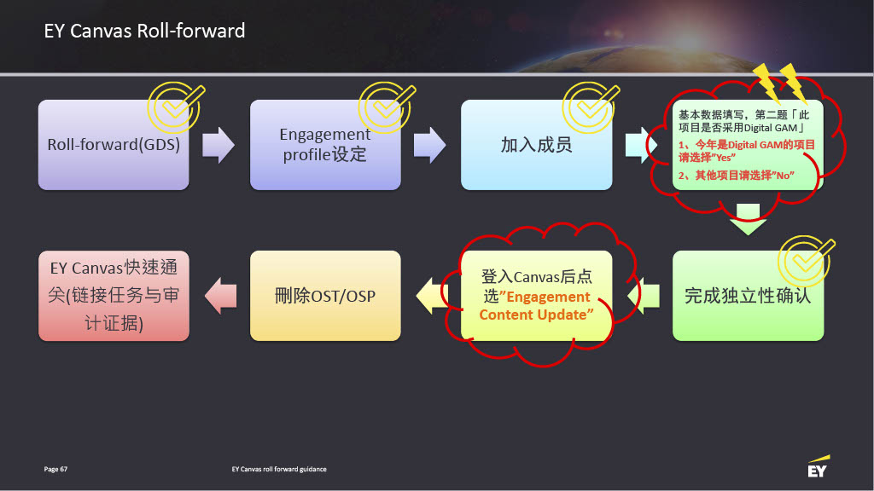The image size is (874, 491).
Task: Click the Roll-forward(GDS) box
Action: [x=114, y=145]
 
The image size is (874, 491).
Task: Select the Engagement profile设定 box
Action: [x=325, y=145]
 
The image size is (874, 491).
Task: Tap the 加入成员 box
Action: [x=537, y=145]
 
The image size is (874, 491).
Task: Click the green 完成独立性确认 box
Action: [x=748, y=296]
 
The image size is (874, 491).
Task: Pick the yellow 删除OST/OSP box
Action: [x=325, y=296]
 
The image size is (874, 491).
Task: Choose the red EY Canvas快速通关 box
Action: [x=114, y=296]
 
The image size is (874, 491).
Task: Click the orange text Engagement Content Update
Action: [x=536, y=306]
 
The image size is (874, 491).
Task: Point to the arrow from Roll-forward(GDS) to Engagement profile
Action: [x=218, y=145]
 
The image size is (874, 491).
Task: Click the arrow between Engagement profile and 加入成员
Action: [x=430, y=145]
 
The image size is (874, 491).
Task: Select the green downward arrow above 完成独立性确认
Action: [x=748, y=219]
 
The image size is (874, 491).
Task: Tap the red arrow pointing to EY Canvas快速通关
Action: [x=221, y=296]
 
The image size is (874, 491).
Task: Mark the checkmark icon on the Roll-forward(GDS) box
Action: [x=176, y=107]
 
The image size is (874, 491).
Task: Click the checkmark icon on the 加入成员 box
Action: [x=591, y=107]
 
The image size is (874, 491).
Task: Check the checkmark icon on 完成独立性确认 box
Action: [x=806, y=261]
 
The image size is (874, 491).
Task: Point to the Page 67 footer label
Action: [x=55, y=470]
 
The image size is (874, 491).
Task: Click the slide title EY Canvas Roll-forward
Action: [x=144, y=31]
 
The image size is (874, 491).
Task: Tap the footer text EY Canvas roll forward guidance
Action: [x=279, y=470]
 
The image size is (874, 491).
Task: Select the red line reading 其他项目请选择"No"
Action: [x=737, y=176]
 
